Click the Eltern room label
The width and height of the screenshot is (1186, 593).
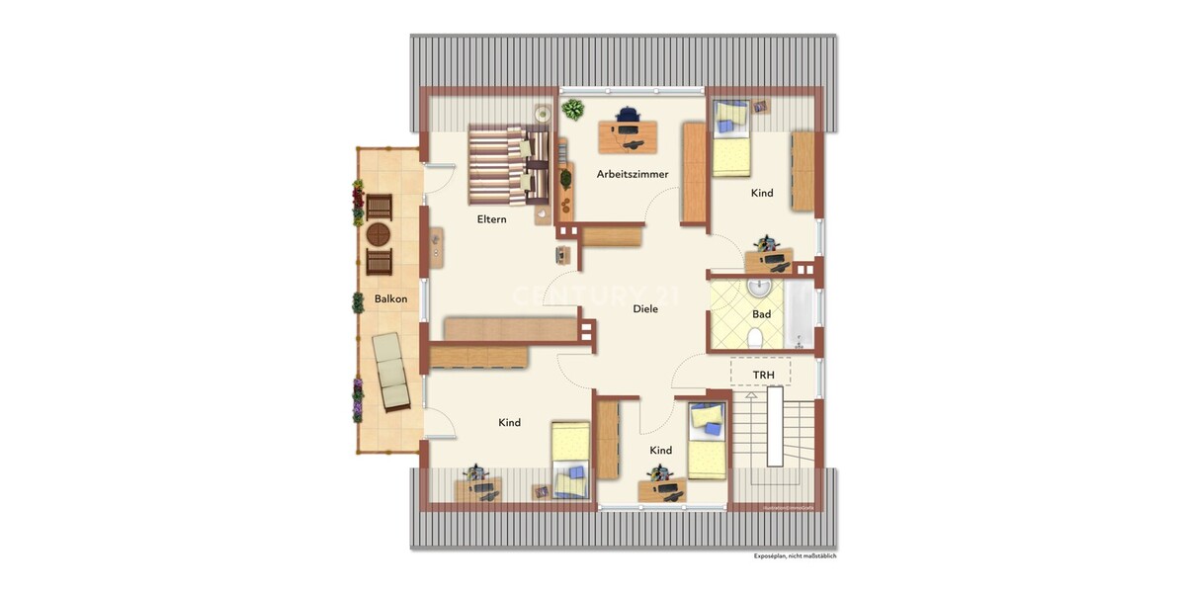(x=491, y=219)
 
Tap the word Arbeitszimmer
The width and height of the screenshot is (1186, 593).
(x=633, y=174)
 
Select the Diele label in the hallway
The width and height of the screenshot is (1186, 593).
(x=645, y=308)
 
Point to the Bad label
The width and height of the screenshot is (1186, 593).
(x=761, y=314)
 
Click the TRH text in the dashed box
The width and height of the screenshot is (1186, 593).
(x=763, y=376)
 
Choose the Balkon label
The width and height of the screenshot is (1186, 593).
(x=390, y=298)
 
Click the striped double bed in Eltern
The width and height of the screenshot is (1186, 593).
(x=506, y=163)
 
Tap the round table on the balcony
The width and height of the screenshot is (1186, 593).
(x=379, y=234)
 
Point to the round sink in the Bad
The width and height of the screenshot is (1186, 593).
(x=759, y=288)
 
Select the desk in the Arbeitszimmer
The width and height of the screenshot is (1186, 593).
(x=628, y=136)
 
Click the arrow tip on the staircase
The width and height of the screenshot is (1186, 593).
(x=751, y=394)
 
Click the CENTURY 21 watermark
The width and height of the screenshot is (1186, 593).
(x=579, y=296)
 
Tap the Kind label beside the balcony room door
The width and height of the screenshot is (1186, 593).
(x=509, y=423)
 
